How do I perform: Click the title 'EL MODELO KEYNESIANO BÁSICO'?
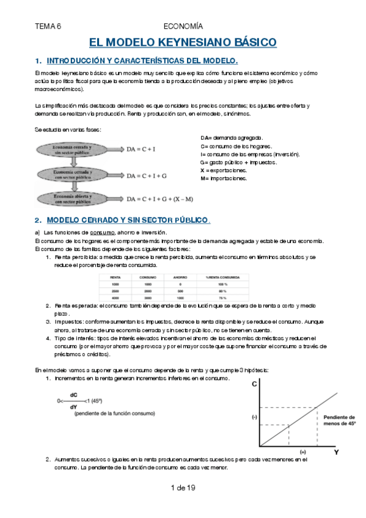click(x=183, y=43)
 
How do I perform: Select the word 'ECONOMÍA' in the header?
click(x=183, y=26)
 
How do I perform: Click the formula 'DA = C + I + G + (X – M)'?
click(x=159, y=199)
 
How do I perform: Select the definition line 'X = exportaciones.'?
click(x=224, y=170)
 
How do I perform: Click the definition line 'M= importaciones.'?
click(x=224, y=178)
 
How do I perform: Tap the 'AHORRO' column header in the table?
click(x=180, y=277)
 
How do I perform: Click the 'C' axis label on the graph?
click(x=254, y=384)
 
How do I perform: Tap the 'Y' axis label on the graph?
click(x=335, y=453)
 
